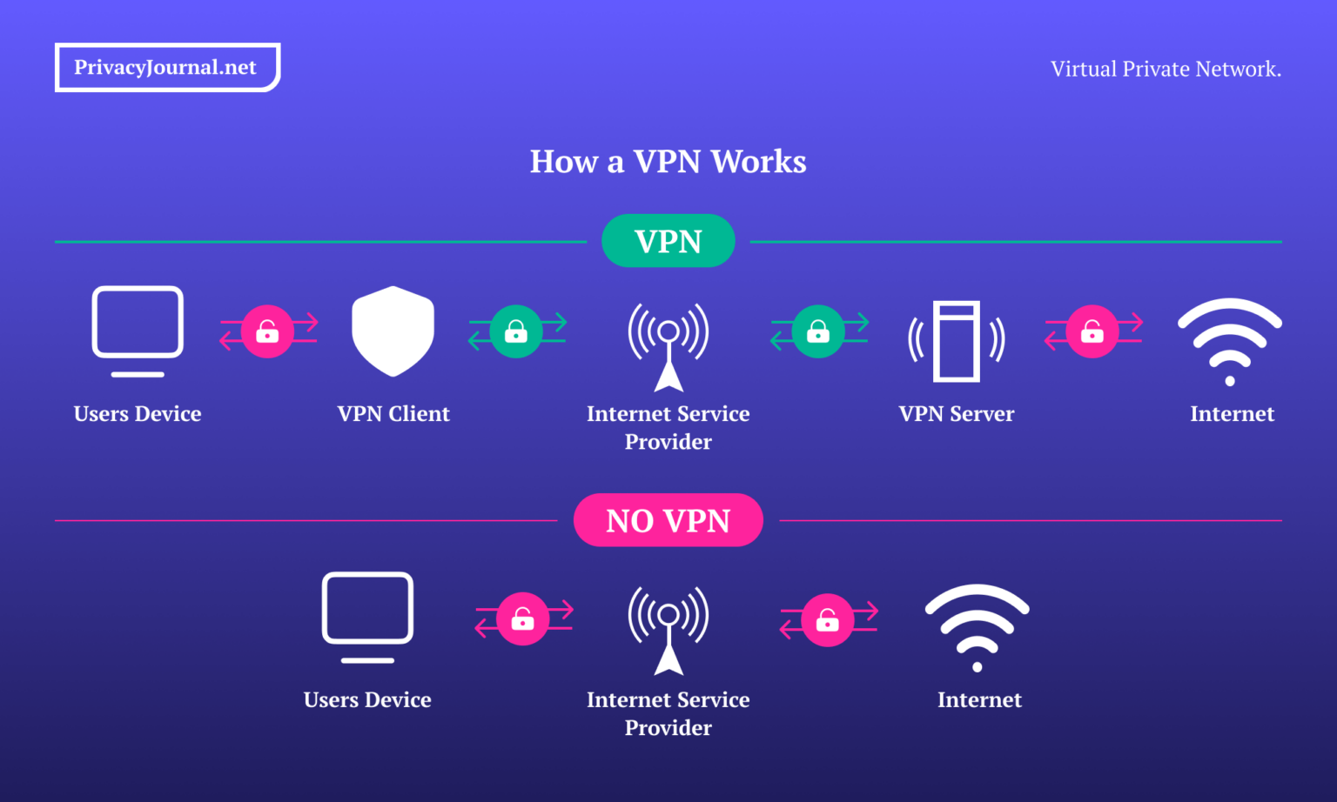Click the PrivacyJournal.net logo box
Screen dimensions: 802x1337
pyautogui.click(x=167, y=67)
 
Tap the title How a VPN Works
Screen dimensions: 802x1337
pyautogui.click(x=668, y=162)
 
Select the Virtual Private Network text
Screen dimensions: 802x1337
pyautogui.click(x=1166, y=69)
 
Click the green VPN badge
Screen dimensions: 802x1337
pyautogui.click(x=668, y=241)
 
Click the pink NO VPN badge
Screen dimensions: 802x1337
pyautogui.click(x=668, y=520)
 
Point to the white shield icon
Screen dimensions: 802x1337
pyautogui.click(x=393, y=331)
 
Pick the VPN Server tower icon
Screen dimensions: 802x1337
pyautogui.click(x=956, y=341)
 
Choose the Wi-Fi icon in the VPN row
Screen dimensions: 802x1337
pyautogui.click(x=1229, y=340)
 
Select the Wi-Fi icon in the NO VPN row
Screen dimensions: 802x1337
pyautogui.click(x=977, y=625)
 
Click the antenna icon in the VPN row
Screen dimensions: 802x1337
pyautogui.click(x=668, y=345)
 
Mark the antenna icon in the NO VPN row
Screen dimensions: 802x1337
pyautogui.click(x=668, y=629)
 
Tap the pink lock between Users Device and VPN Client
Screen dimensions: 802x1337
pyautogui.click(x=267, y=331)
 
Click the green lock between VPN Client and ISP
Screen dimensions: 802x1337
pyautogui.click(x=516, y=331)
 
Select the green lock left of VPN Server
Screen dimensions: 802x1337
pyautogui.click(x=818, y=331)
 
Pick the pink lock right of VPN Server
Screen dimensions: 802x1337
pyautogui.click(x=1092, y=331)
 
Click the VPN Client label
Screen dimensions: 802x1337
pyautogui.click(x=393, y=414)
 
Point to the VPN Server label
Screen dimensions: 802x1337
pyautogui.click(x=956, y=414)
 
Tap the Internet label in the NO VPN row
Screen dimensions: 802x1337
pyautogui.click(x=979, y=700)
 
